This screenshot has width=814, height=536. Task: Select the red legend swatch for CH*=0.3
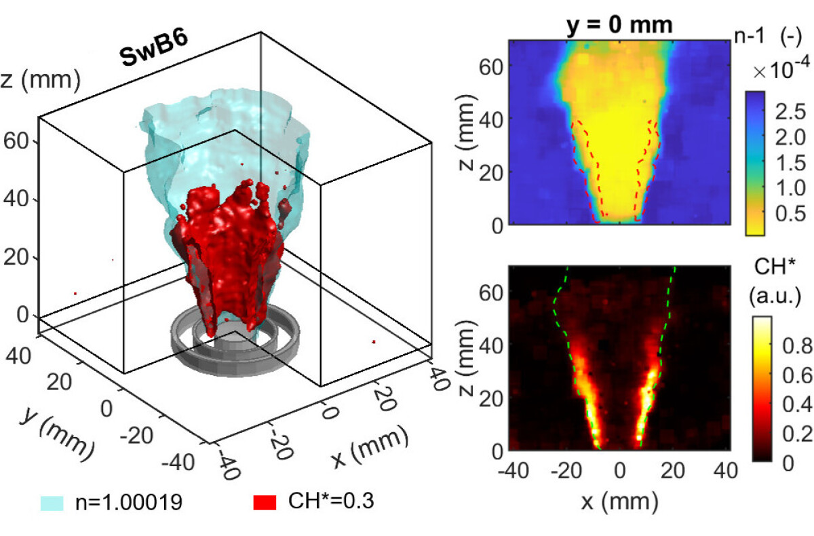tap(265, 503)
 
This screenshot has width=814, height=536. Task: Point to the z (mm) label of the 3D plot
tap(40, 81)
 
